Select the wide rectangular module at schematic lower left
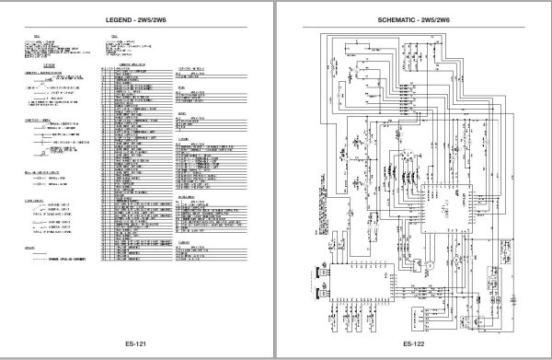click(362, 283)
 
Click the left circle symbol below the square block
click(430, 265)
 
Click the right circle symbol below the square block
click(455, 260)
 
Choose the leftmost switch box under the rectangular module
click(332, 321)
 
